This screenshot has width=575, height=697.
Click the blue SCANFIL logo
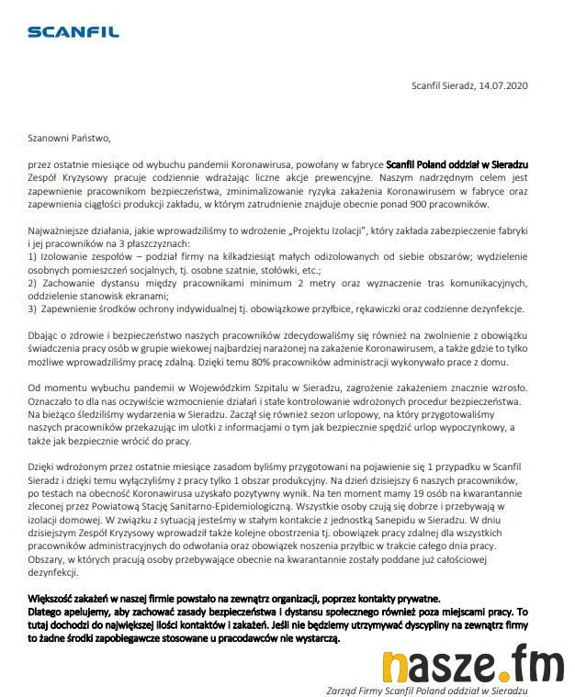[73, 33]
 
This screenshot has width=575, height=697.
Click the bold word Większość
[54, 597]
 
